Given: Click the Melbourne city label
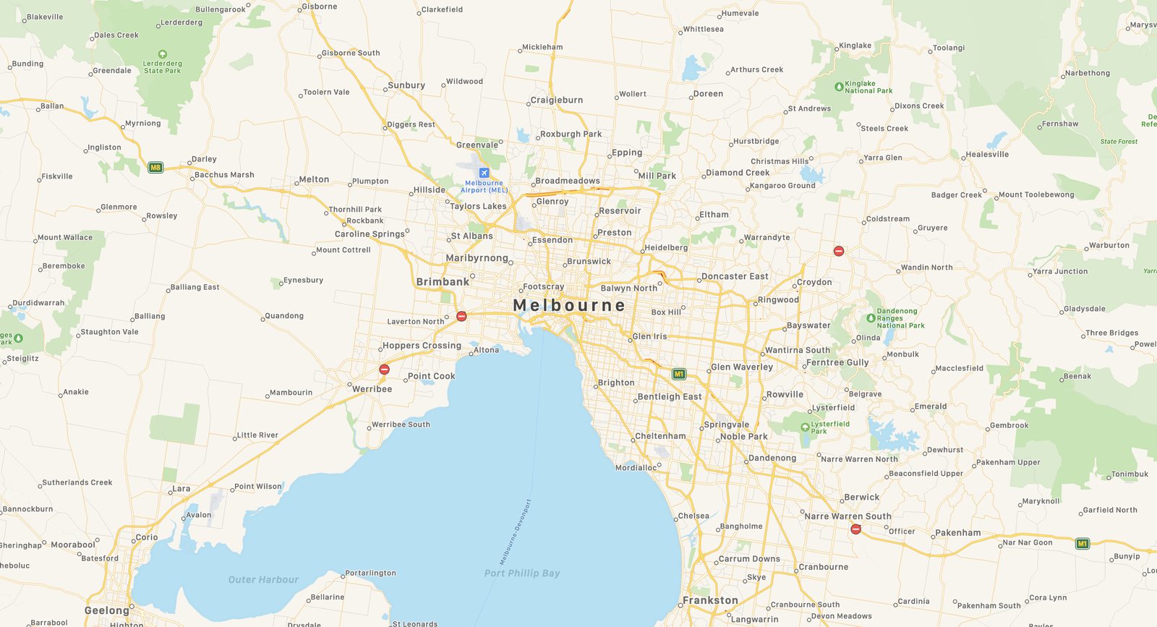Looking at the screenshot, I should pos(569,305).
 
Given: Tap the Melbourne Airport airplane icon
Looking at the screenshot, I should pos(484,173).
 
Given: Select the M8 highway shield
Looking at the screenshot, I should pos(155,168).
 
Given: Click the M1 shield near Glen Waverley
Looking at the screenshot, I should pos(678,374).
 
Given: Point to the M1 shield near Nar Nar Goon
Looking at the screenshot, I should pos(1082,544).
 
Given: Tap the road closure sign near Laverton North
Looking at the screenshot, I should pos(461,316).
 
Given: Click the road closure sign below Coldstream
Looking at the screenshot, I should pos(839,251).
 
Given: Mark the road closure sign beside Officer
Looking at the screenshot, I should pos(855,529).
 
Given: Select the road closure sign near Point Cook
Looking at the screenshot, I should pos(385,370).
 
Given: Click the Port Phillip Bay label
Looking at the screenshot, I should pos(522,573).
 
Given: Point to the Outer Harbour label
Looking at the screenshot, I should pos(263,580).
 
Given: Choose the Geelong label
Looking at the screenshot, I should pos(107,610).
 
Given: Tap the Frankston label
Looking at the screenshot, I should pos(710,600).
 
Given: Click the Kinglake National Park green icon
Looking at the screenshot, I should pos(839,87).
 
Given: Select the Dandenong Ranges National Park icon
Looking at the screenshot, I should pos(871,318).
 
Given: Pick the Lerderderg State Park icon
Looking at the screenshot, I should pos(163,54).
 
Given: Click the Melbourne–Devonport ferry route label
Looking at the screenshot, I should pos(516,532).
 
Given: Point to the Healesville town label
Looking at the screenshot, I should pos(987,154).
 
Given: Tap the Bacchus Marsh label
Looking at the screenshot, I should pos(224,175).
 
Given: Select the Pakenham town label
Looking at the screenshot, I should pos(958,533).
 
